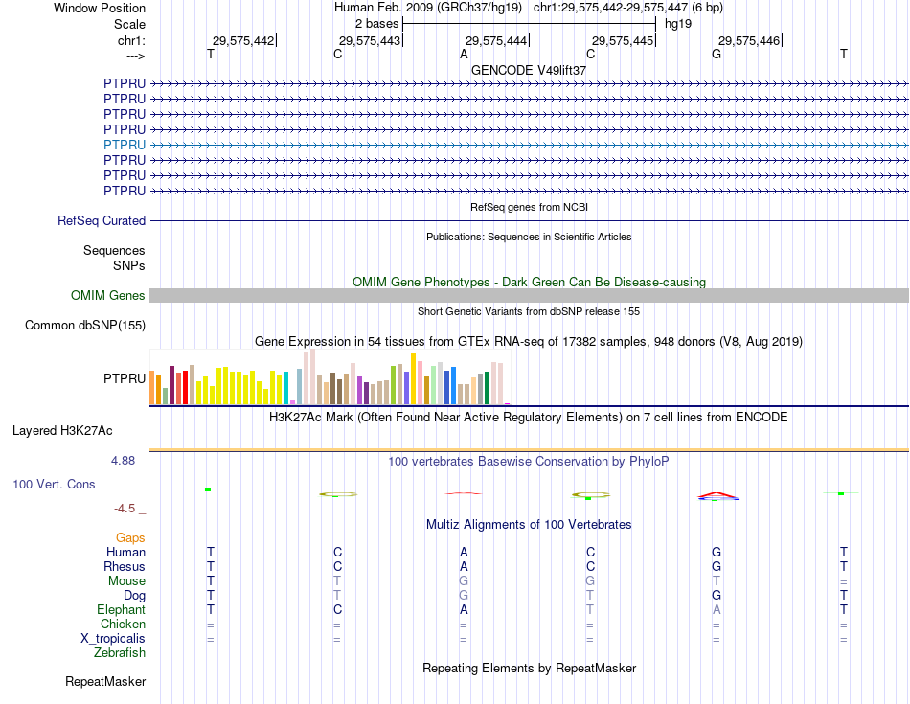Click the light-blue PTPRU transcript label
pos(125,145)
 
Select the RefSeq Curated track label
pos(102,221)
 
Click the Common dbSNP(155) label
pos(85,326)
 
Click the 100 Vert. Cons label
pos(54,485)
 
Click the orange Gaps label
pos(130,538)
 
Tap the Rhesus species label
pos(125,567)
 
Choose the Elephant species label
pos(121,610)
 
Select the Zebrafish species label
pos(120,653)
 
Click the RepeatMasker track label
pos(105,682)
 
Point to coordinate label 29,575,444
pos(496,41)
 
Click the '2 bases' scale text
pos(376,23)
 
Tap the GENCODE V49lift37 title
pos(529,70)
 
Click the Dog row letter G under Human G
pos(717,596)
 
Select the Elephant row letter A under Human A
pos(464,610)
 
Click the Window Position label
pos(100,8)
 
